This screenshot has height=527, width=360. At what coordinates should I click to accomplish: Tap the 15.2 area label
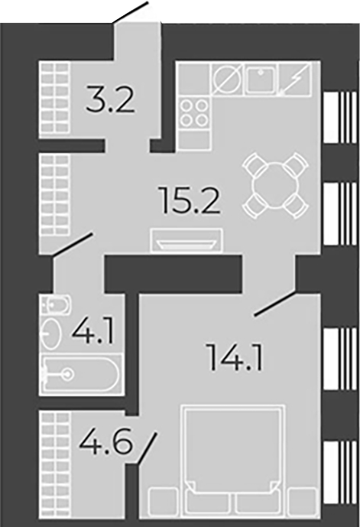[191, 200]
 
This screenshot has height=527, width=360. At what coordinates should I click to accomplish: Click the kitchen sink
[261, 79]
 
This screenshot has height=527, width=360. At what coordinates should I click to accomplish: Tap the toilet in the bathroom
[56, 305]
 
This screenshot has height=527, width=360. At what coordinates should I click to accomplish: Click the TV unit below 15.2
[186, 240]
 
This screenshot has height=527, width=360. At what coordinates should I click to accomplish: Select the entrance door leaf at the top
[131, 12]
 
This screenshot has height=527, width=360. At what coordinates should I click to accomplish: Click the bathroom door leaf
[72, 245]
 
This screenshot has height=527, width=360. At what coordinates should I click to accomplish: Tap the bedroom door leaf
[275, 304]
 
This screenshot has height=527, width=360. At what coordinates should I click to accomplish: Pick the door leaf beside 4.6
[147, 449]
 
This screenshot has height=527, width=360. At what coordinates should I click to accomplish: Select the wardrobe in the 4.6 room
[55, 465]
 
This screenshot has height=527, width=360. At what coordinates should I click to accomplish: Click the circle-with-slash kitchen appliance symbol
[227, 80]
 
